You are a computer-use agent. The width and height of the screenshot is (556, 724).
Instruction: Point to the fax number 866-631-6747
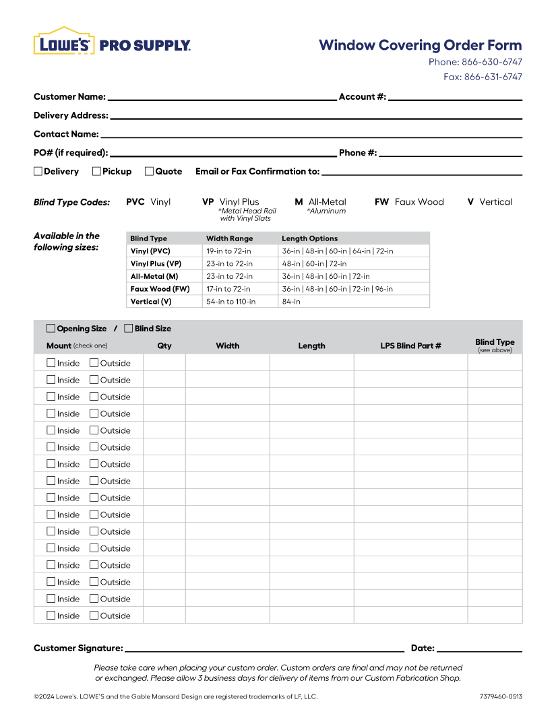coord(493,77)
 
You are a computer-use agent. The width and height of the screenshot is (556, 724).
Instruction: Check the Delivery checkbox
coord(38,171)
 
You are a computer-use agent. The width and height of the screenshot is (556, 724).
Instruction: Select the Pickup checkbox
coord(97,171)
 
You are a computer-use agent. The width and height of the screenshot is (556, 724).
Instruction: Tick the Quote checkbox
coord(150,171)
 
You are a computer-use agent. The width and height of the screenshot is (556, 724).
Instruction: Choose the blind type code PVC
coord(135,202)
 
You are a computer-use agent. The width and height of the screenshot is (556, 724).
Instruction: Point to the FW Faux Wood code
coord(409,202)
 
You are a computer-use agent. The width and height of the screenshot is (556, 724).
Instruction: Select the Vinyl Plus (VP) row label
coord(156,264)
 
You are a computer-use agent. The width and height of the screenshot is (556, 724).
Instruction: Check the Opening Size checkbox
coord(51,329)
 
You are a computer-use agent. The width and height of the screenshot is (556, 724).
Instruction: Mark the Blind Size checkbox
coord(129,329)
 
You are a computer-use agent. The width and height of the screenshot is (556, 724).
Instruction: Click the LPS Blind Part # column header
coord(410,346)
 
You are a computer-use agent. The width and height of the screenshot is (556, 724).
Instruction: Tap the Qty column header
coord(164,346)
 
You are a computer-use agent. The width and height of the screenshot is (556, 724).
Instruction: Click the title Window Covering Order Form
coord(420,45)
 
